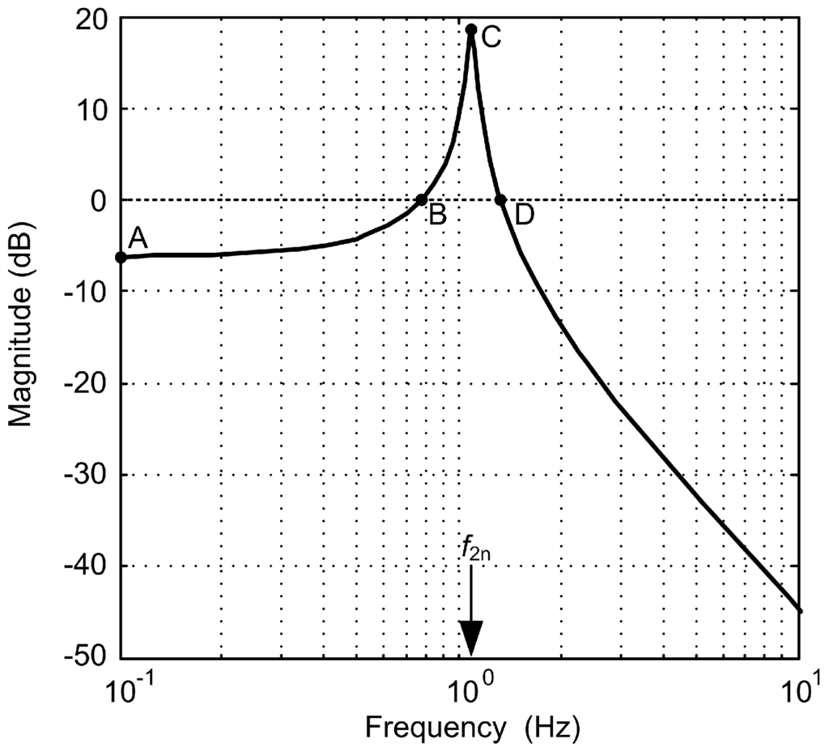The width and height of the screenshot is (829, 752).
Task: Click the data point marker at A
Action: (121, 257)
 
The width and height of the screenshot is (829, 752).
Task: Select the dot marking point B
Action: (421, 199)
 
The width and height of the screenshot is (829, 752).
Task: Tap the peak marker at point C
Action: (470, 29)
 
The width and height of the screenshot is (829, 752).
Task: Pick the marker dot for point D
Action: (500, 199)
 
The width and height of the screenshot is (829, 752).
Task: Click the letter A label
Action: (138, 237)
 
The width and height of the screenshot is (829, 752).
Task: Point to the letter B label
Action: (437, 216)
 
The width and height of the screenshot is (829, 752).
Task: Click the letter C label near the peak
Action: (491, 36)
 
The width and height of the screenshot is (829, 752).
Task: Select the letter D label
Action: (525, 216)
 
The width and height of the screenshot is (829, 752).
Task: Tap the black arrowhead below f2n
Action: (470, 637)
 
